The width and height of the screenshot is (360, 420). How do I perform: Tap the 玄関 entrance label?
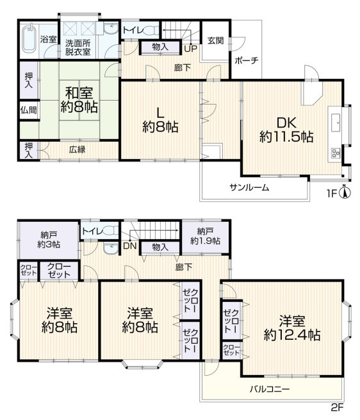[216, 40]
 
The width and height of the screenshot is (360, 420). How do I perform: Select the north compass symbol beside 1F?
[345, 192]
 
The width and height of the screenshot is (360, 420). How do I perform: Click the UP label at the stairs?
[190, 49]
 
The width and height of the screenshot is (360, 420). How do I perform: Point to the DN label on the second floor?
[130, 246]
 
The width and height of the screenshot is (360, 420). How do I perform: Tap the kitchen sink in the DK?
[336, 123]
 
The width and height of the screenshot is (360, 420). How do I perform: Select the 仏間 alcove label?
[29, 110]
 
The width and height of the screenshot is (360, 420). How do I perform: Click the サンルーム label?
[249, 187]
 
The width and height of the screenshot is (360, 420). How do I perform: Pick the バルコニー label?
[270, 389]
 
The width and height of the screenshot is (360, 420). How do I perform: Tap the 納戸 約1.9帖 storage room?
[206, 237]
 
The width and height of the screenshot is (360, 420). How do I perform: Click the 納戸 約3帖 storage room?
[49, 240]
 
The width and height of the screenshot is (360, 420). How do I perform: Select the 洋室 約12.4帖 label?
[292, 328]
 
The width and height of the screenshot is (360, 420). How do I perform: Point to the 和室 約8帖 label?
[79, 100]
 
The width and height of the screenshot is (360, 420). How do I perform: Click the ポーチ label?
[247, 60]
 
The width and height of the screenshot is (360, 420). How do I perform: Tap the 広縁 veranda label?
[78, 149]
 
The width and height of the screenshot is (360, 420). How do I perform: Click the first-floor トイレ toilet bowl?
[150, 29]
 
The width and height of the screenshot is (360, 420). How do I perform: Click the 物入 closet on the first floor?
[160, 47]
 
